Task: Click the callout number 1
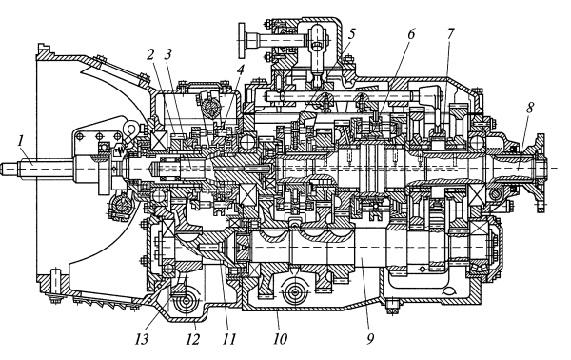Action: pos(21,141)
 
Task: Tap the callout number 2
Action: pos(151,54)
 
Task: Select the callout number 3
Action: pos(167,54)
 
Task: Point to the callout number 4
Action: pos(240,70)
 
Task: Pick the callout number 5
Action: pos(351,34)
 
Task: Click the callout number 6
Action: pos(411,34)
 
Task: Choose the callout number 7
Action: pos(450,34)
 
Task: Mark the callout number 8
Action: pos(529,109)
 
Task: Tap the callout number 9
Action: pos(370,339)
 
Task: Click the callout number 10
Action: pos(280,339)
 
